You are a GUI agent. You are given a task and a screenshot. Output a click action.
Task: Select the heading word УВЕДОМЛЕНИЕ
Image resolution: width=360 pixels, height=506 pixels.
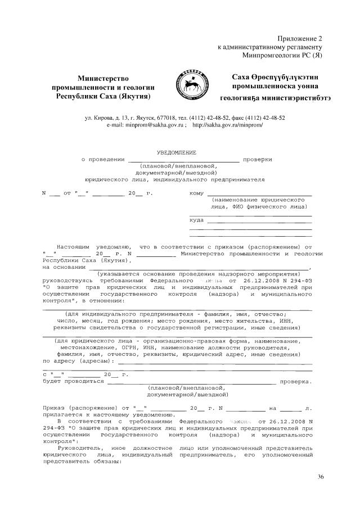(176, 152)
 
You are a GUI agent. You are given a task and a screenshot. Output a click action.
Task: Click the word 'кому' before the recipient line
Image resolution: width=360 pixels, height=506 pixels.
(197, 193)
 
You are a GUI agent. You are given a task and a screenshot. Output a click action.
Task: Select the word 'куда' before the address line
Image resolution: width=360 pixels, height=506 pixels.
(197, 220)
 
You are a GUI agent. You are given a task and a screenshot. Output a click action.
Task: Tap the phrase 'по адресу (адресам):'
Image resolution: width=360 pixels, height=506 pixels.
(74, 362)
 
